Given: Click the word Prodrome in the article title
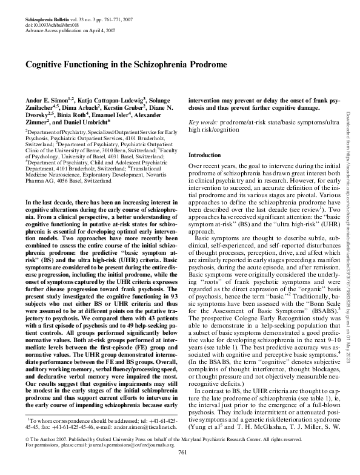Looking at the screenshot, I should [x=204, y=64].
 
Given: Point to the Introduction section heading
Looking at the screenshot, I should [x=205, y=155].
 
